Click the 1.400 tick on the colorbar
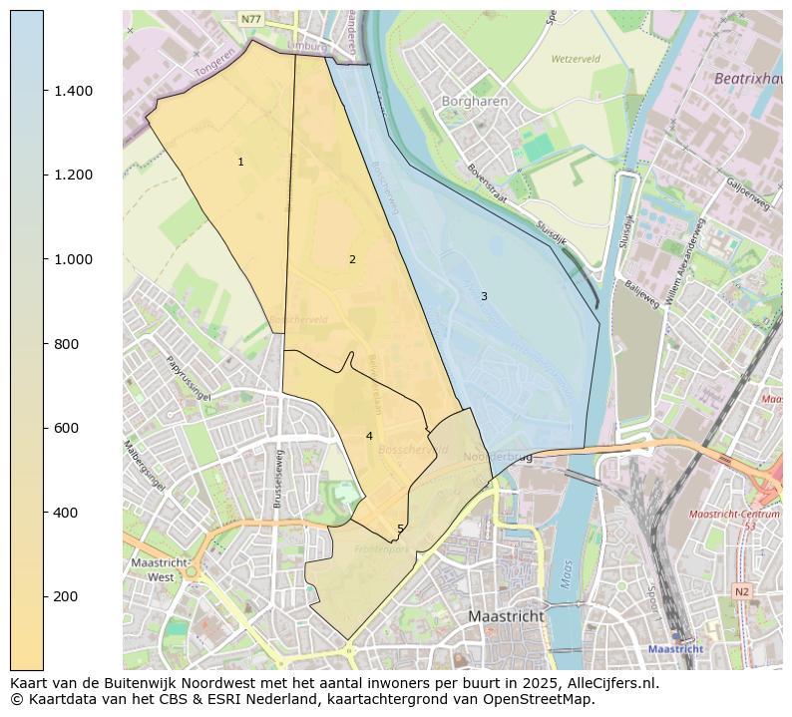point(45,91)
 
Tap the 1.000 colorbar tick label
point(73,259)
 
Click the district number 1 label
point(240,162)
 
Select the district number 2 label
point(352,259)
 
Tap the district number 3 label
point(484,296)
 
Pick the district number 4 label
point(369,436)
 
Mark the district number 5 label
point(400,530)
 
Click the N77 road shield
point(251,19)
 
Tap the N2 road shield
point(741,591)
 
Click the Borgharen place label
point(475,102)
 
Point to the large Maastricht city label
point(507,616)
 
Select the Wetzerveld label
point(577,59)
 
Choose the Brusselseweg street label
point(280,478)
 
